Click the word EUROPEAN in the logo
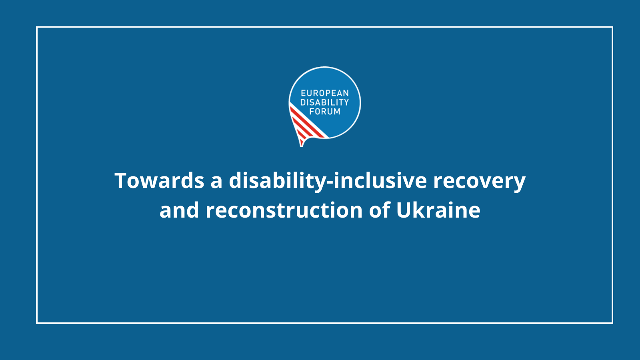(325, 93)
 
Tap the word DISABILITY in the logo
(324, 102)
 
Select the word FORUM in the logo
(325, 112)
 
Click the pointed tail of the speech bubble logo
(302, 145)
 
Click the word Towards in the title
(160, 180)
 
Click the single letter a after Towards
(216, 183)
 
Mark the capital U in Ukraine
(404, 210)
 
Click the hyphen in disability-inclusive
(330, 183)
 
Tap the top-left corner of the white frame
(37, 27)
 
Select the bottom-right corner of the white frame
(612, 323)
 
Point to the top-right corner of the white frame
(612, 27)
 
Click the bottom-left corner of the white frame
(37, 323)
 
